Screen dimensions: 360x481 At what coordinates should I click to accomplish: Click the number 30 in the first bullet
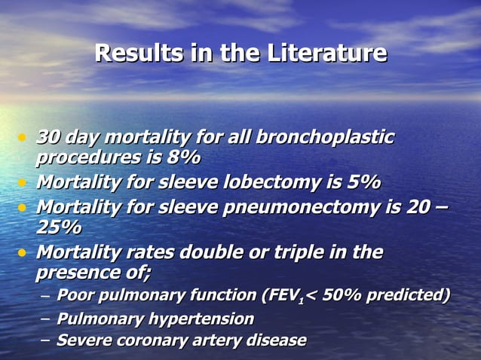(x=49, y=137)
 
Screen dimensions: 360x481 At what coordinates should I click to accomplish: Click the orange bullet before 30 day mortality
(x=23, y=138)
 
